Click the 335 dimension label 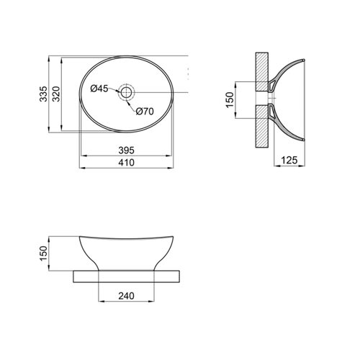point(43,94)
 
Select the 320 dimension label point(56,94)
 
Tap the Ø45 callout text point(99,89)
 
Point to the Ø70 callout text point(145,112)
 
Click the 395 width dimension point(126,150)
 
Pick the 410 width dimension point(126,163)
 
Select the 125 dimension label point(289,160)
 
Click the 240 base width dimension point(126,296)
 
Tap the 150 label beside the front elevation point(43,253)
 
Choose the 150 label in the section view point(230,100)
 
